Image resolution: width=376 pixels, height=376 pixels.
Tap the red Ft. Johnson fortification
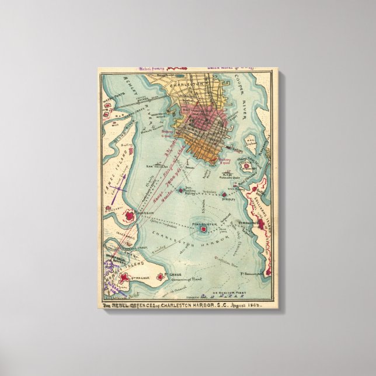129,218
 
